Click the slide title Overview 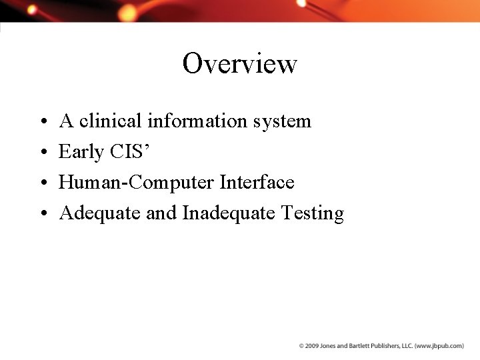click(239, 64)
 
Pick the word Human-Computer click(136, 183)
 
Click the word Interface click(257, 182)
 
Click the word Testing click(313, 213)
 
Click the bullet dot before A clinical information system click(42, 122)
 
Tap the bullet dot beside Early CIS click(42, 153)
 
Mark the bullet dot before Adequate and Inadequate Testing click(42, 214)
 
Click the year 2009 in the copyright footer click(311, 346)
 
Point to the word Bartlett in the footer click(354, 346)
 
